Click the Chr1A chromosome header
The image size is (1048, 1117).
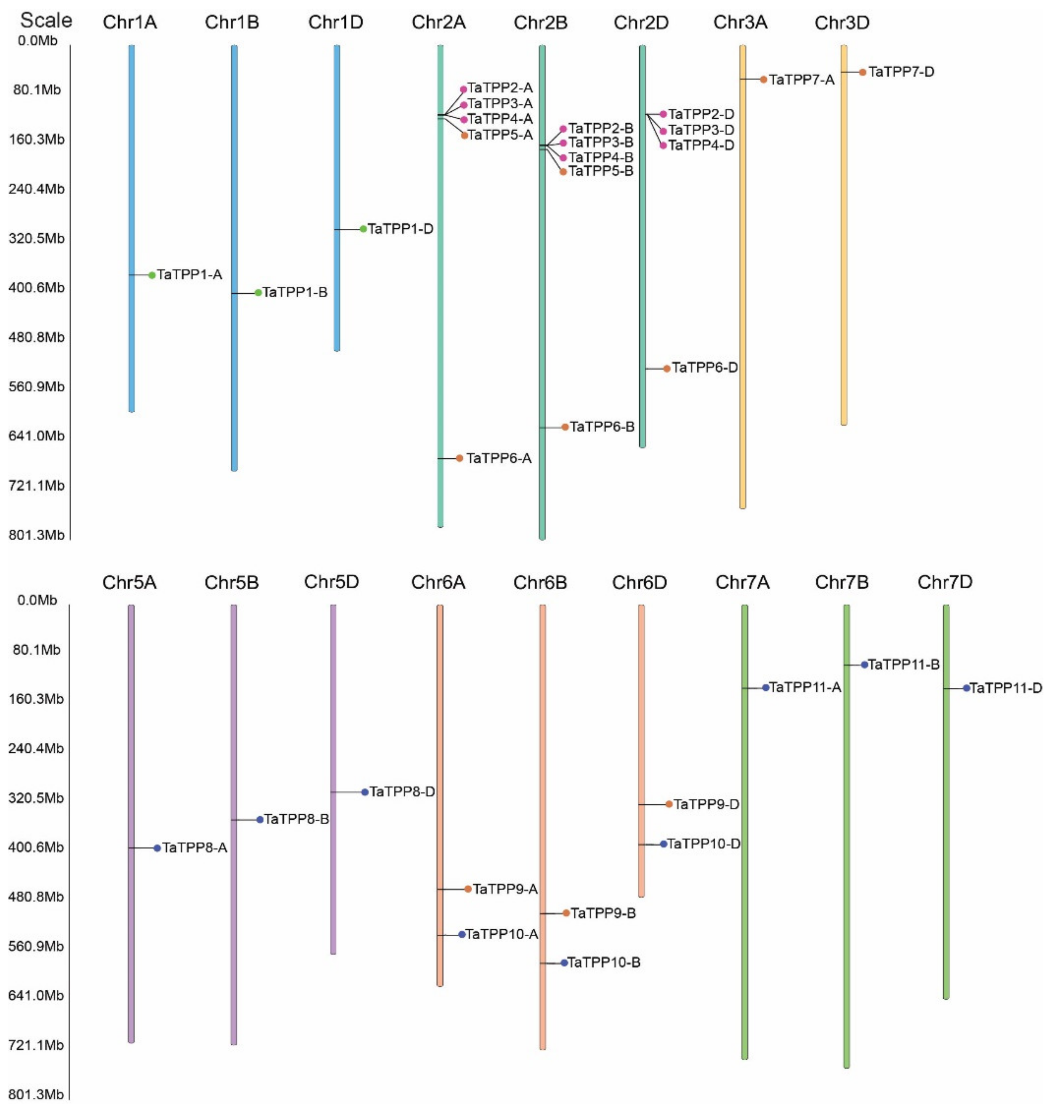pos(130,23)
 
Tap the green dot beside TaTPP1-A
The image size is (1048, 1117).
pos(152,275)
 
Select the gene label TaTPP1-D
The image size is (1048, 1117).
pos(400,229)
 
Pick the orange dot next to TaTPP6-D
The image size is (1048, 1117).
pos(666,369)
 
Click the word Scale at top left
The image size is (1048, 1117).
pos(46,20)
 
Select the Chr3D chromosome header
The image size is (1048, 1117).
pos(842,23)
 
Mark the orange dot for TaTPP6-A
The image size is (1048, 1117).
pos(460,458)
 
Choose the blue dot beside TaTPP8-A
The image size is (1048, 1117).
pos(157,848)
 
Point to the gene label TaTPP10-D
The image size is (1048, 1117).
pos(703,844)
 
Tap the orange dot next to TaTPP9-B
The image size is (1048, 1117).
pos(566,913)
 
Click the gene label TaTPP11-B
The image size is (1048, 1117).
pos(903,665)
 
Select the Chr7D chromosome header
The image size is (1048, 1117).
pos(945,582)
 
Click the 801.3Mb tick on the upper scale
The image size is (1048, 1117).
pos(36,535)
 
